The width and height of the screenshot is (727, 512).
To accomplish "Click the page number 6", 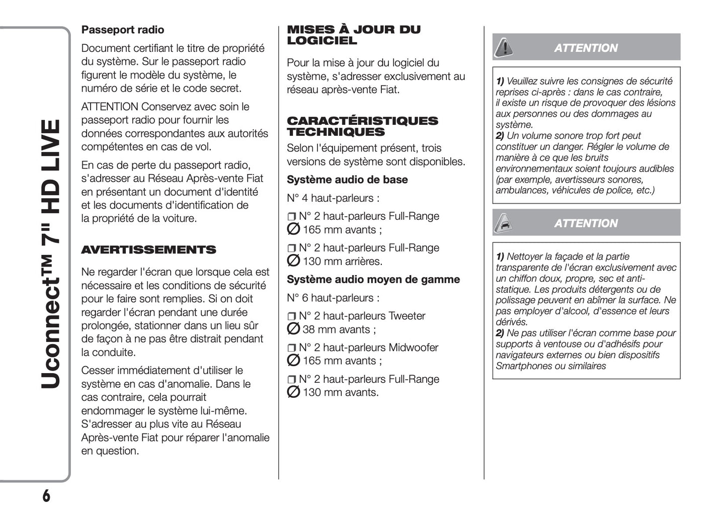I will [x=46, y=496].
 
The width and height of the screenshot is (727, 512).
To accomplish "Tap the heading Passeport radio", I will [x=123, y=30].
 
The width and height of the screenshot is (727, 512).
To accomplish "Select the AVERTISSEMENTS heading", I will [x=148, y=250].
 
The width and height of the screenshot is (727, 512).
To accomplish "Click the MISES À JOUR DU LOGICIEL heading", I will [x=353, y=35].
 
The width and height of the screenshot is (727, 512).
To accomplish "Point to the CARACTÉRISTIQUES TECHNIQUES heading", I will [x=362, y=126].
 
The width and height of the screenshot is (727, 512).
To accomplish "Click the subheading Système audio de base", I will [x=347, y=180].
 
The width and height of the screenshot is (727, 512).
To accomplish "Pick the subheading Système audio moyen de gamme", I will [x=373, y=280].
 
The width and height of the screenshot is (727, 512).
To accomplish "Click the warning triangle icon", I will [x=503, y=48].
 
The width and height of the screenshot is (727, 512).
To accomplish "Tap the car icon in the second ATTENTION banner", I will [x=503, y=223].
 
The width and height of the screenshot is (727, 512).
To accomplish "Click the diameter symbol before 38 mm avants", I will [x=293, y=329].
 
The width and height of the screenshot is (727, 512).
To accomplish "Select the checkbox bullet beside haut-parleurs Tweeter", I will [x=292, y=317].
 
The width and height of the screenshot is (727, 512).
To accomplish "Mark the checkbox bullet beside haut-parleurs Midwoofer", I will [x=292, y=348].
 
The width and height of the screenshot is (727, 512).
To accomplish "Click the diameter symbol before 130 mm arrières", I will [x=293, y=261].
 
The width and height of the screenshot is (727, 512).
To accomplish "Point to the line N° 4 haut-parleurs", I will [x=333, y=198].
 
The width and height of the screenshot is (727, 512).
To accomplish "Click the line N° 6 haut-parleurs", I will [x=333, y=298].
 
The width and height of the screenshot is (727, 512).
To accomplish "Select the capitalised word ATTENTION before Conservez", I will [x=110, y=107].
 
